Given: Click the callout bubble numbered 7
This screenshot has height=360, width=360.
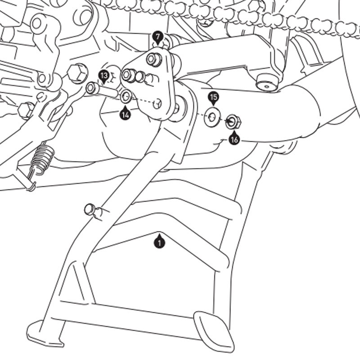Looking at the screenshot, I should [157, 36].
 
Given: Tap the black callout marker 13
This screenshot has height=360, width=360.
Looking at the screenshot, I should [104, 75].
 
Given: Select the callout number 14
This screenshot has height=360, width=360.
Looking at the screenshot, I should [125, 114].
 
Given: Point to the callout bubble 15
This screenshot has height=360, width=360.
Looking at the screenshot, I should [213, 97].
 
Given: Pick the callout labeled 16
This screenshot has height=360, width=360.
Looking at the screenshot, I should [234, 139].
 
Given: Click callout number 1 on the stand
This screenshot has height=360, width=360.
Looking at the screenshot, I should [159, 243].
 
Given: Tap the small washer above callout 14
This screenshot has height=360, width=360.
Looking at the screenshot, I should [126, 95].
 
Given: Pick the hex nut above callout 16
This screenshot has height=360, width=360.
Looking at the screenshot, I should [233, 121].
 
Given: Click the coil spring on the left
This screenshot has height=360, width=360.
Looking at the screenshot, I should [41, 160].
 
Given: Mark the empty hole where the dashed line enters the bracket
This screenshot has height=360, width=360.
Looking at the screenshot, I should [157, 104].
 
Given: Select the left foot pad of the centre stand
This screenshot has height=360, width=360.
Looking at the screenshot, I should [44, 333].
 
